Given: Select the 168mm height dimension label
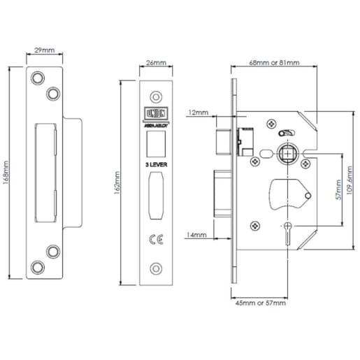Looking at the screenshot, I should [x=8, y=173].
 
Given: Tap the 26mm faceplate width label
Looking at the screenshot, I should [x=157, y=63].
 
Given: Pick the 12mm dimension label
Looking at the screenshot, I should [x=198, y=112].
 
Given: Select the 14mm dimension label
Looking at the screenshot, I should [x=199, y=235].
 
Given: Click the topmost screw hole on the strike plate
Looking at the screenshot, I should [x=38, y=76].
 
